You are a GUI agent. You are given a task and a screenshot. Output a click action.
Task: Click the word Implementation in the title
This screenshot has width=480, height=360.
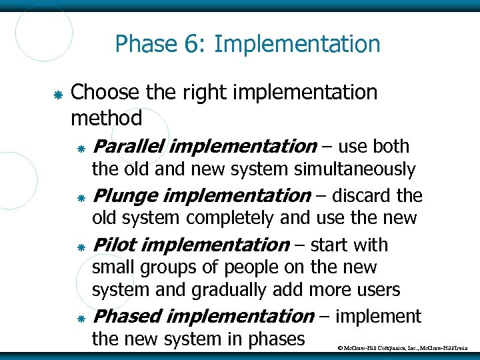(x=297, y=45)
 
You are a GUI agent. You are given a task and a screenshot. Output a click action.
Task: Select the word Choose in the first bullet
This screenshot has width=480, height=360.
(x=102, y=93)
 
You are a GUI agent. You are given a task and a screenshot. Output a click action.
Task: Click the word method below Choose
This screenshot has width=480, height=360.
(x=106, y=119)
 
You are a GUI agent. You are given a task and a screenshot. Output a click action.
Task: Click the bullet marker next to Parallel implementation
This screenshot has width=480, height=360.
(x=80, y=148)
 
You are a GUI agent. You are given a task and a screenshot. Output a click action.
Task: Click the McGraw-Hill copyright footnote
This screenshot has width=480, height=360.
(x=407, y=348)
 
